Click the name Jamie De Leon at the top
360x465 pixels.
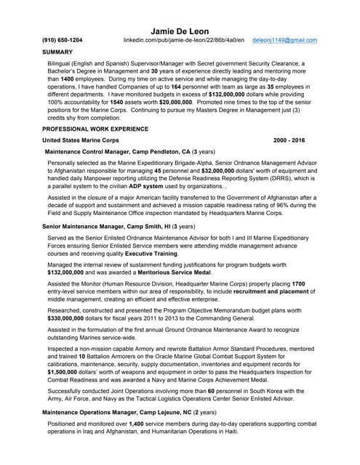tap(180, 31)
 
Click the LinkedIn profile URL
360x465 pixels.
tap(183, 41)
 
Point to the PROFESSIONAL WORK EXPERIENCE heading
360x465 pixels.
tap(95, 127)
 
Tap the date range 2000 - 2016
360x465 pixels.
tap(289, 139)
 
